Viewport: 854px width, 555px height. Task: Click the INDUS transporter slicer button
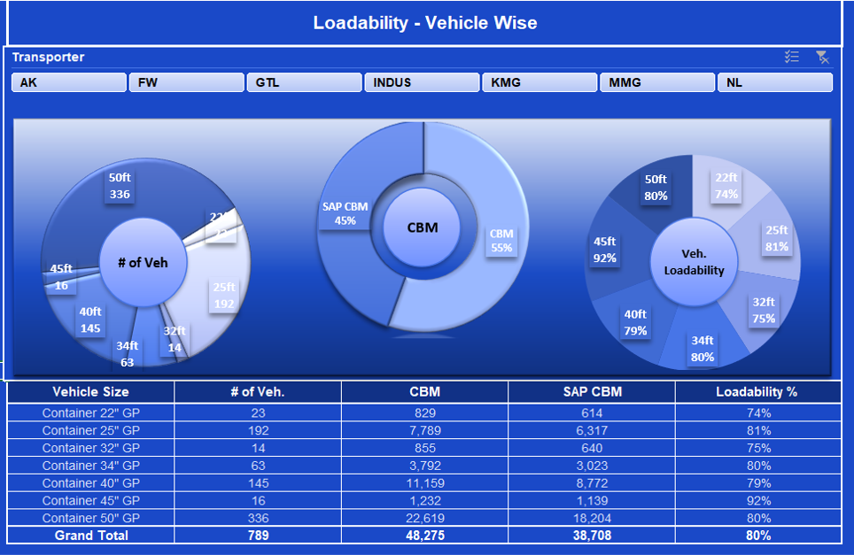422,82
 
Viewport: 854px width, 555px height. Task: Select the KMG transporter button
539,82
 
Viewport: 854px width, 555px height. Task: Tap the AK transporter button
69,82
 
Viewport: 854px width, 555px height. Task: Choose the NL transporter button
774,82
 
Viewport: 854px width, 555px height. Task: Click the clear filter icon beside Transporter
822,58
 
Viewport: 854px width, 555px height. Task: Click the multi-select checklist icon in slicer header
792,58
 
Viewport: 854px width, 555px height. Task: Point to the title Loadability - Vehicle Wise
425,23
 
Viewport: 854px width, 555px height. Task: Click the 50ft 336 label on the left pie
120,186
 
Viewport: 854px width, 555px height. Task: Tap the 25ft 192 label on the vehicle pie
224,296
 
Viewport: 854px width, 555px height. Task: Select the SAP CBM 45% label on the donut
345,213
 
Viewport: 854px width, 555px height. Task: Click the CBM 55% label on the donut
501,241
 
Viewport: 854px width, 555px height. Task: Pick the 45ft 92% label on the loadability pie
604,250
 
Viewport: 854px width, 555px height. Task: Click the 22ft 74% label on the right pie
726,186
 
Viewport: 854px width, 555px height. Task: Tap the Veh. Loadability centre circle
694,262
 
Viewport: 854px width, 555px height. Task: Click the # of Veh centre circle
143,262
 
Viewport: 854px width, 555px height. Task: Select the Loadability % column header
757,391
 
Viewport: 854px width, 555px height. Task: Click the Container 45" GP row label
90,500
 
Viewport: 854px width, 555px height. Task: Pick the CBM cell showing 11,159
424,482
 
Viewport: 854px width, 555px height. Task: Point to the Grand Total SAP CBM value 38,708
591,536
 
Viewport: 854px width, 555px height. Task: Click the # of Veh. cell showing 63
257,466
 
